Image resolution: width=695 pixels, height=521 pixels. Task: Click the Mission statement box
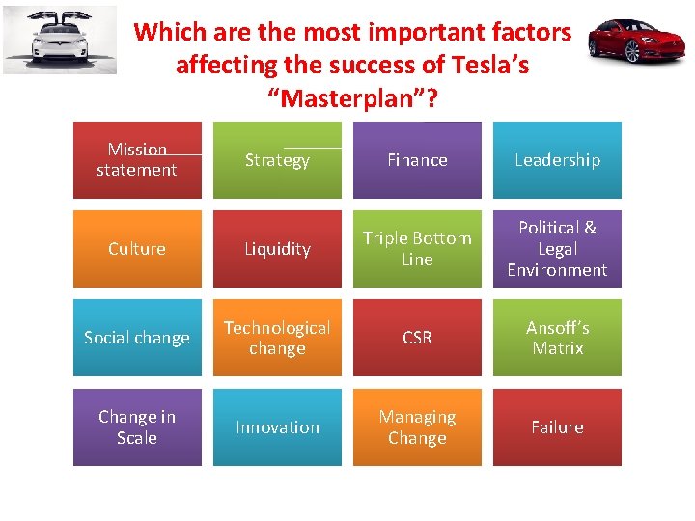[137, 160]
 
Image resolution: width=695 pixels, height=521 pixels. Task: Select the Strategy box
[277, 160]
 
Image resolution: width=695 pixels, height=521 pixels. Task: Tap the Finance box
[417, 160]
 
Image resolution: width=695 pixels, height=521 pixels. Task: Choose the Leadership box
[557, 160]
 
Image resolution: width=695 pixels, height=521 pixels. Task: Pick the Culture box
[137, 249]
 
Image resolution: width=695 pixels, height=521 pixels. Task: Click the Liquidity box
[277, 249]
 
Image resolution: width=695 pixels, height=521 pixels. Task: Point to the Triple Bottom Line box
[417, 249]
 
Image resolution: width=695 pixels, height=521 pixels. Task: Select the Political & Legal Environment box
[557, 249]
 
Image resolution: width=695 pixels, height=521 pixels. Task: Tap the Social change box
[137, 338]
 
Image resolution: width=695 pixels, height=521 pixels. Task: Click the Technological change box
[277, 338]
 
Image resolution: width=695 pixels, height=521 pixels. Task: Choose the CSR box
[417, 338]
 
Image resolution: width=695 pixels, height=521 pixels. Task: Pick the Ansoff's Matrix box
[557, 338]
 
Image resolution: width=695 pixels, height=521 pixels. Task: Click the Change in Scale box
[137, 427]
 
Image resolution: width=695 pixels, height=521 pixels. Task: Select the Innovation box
[277, 427]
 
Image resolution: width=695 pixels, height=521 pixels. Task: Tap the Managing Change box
[417, 427]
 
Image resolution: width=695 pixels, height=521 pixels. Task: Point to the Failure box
[557, 427]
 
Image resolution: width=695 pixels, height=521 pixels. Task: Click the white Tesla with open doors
[60, 41]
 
